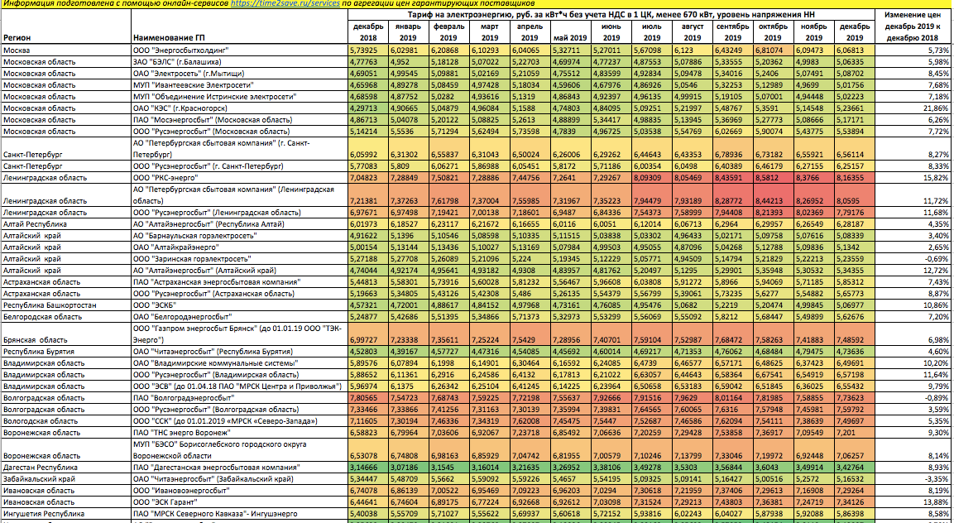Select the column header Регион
click(x=17, y=38)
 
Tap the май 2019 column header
click(x=570, y=38)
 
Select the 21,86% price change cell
click(x=936, y=108)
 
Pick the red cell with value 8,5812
click(x=774, y=178)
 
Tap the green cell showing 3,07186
click(x=408, y=468)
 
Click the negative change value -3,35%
click(x=937, y=479)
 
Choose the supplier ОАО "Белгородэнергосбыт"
click(x=183, y=317)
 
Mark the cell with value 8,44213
click(x=774, y=201)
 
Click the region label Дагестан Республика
click(x=41, y=468)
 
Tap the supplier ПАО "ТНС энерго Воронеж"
click(x=182, y=433)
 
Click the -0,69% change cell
click(x=937, y=259)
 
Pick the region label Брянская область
click(x=36, y=340)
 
